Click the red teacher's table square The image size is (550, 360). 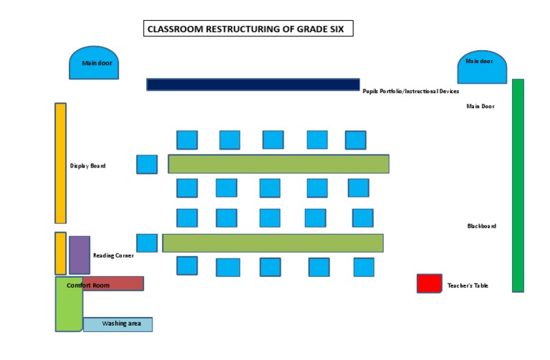pyautogui.click(x=429, y=283)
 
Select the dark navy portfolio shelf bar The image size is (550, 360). pyautogui.click(x=253, y=84)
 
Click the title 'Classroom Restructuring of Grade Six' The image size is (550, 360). pyautogui.click(x=249, y=29)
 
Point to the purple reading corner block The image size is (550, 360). pyautogui.click(x=79, y=254)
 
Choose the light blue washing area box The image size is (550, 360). pyautogui.click(x=117, y=324)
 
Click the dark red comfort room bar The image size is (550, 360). pyautogui.click(x=113, y=283)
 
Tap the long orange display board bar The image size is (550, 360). pyautogui.click(x=61, y=163)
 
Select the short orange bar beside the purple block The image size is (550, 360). pyautogui.click(x=61, y=253)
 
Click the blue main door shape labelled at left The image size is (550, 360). pyautogui.click(x=94, y=64)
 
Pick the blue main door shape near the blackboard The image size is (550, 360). pyautogui.click(x=483, y=67)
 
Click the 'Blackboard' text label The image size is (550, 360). pyautogui.click(x=481, y=226)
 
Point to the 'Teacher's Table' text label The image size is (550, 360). pyautogui.click(x=468, y=286)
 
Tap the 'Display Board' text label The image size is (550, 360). pyautogui.click(x=88, y=166)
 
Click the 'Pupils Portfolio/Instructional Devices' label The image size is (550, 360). pyautogui.click(x=410, y=92)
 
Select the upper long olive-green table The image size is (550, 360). pyautogui.click(x=279, y=164)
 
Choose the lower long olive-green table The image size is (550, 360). pyautogui.click(x=273, y=243)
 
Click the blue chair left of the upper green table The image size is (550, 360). pyautogui.click(x=147, y=164)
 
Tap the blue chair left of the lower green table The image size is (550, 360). pyautogui.click(x=147, y=243)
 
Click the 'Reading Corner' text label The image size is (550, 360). pyautogui.click(x=113, y=256)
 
